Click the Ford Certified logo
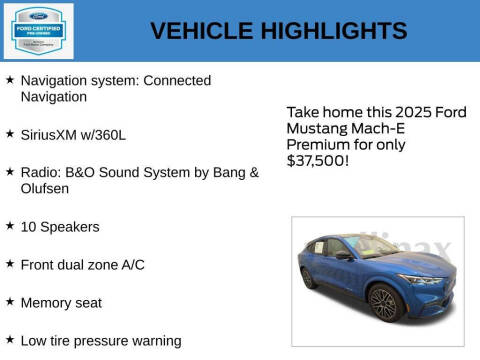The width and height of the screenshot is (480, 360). coord(36,30)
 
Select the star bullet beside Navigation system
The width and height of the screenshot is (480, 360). coord(9,79)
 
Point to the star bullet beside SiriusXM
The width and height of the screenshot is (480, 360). coord(9,133)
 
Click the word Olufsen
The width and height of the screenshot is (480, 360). coord(46,188)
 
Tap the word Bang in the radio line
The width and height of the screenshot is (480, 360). coord(210,172)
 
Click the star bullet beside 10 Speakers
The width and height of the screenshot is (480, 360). coord(9,226)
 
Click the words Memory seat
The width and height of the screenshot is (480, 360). coord(61,302)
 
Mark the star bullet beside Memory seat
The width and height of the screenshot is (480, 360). coord(9,302)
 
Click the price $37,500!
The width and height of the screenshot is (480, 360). coord(318,159)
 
